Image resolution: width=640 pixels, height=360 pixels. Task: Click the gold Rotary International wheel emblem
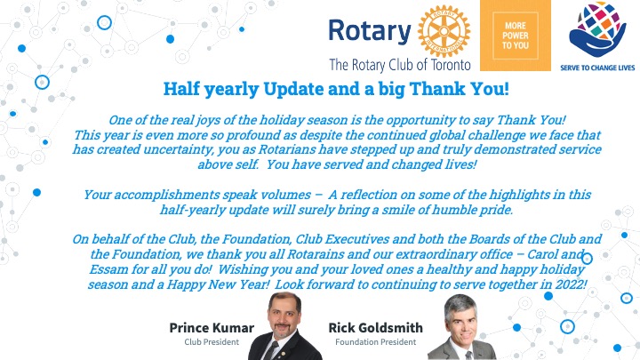point(444,31)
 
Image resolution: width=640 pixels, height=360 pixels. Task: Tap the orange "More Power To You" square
point(515,36)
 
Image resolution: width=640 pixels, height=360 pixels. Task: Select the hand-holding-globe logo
point(597,29)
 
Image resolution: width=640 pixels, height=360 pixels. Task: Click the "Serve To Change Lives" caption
point(597,68)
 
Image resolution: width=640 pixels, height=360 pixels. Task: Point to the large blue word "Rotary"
point(370,32)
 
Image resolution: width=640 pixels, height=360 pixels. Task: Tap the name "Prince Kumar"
point(212,328)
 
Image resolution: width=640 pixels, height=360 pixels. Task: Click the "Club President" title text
point(212,342)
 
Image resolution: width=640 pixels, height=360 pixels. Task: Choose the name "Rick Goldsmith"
point(375,328)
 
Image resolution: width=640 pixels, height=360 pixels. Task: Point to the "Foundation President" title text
point(375,342)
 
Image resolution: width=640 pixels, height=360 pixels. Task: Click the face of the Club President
point(284,316)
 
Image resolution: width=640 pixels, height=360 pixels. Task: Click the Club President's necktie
point(271,351)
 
